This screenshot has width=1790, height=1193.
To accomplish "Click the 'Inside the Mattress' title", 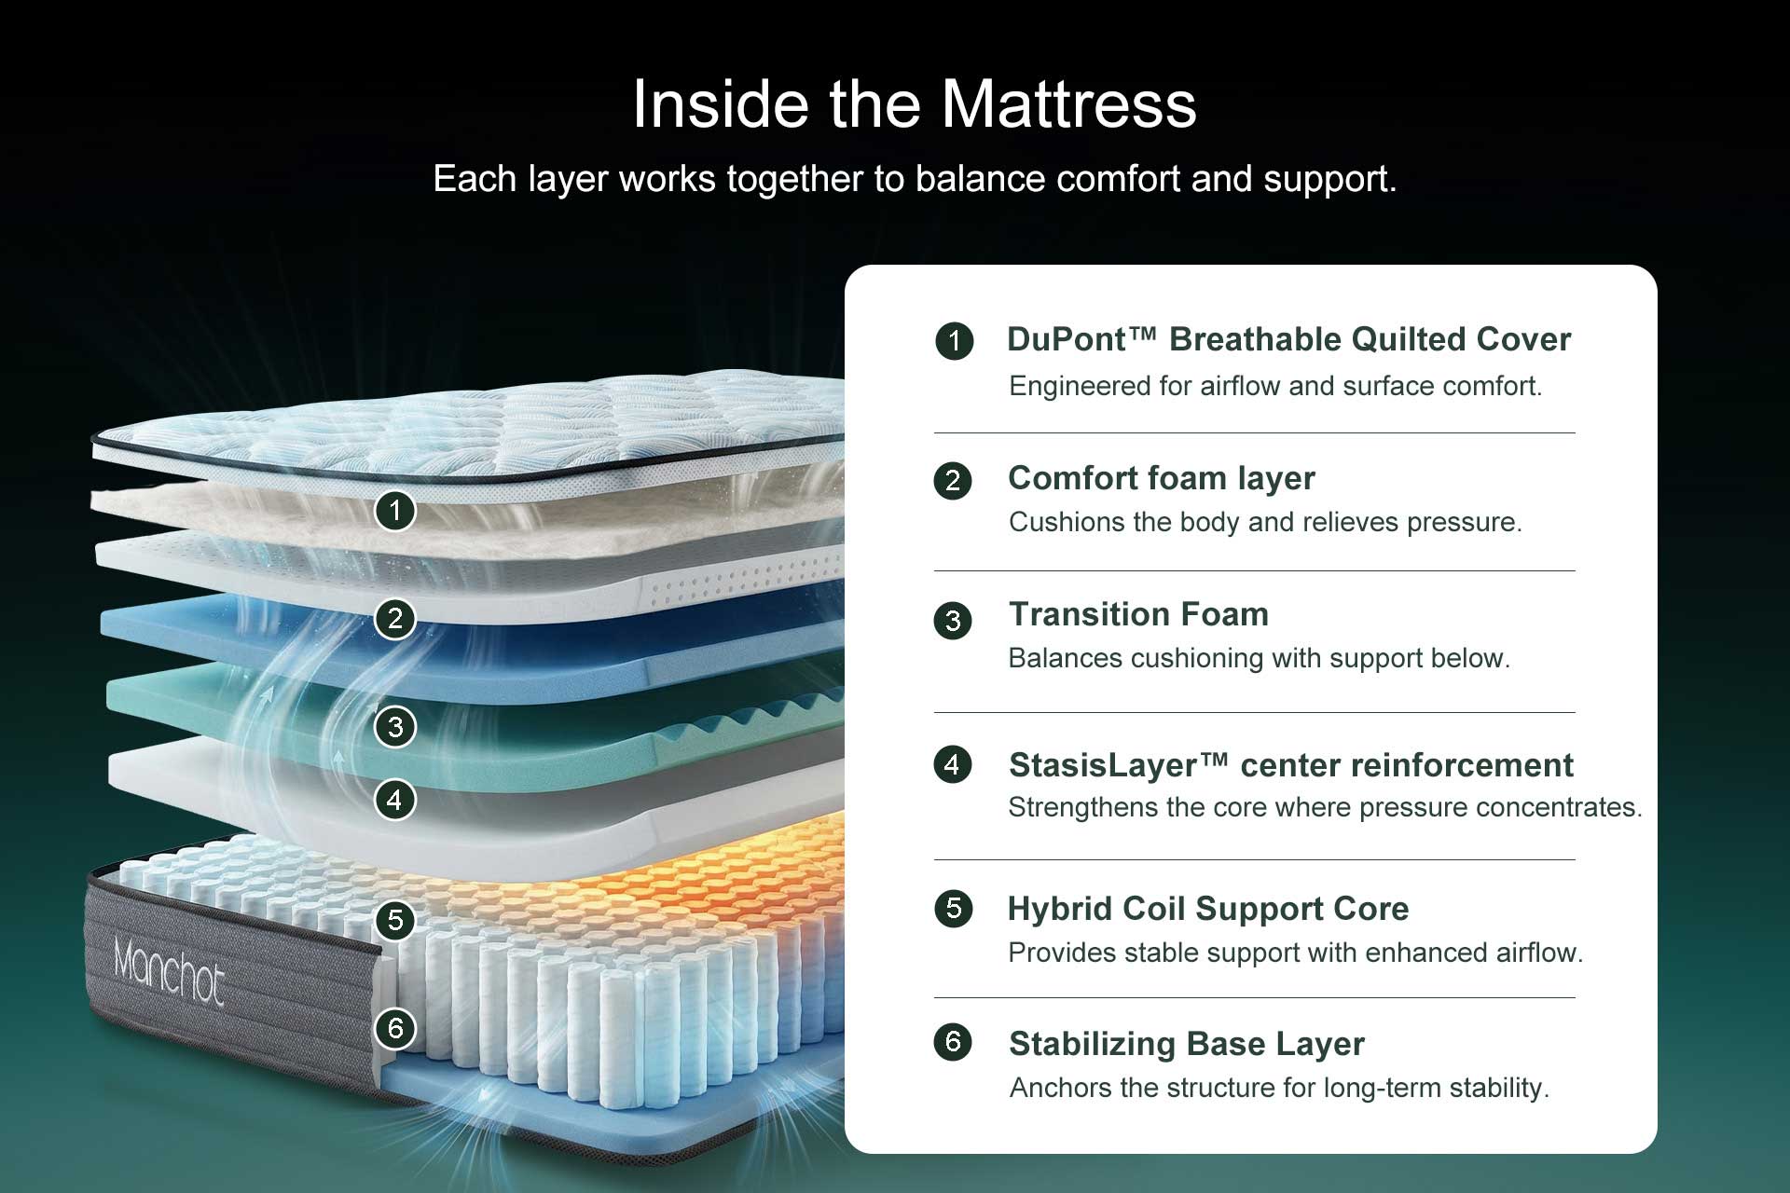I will coord(914,103).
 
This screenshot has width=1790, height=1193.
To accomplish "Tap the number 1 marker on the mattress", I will coord(395,510).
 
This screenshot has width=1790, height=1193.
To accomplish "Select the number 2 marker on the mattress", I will coord(395,619).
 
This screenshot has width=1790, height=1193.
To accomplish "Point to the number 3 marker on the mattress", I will coord(395,726).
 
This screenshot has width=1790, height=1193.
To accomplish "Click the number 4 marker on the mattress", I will coord(395,800).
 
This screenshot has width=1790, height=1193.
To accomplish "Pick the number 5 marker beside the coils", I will coord(395,920).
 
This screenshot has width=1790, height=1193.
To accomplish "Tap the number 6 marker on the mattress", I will coord(395,1029).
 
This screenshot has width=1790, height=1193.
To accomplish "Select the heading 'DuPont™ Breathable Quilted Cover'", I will coord(1288,339).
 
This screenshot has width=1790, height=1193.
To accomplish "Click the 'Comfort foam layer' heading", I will coord(1161,478).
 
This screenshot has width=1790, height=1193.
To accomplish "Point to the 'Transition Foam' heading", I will coord(1138,614).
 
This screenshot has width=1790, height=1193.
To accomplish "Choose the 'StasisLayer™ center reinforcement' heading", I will coord(1290,765).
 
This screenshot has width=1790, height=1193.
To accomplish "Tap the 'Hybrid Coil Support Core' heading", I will coord(1208,909).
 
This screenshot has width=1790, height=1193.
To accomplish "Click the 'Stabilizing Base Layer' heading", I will coord(1186,1044).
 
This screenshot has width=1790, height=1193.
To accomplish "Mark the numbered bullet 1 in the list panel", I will coord(954,341).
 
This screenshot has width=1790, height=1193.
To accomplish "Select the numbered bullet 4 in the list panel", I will coord(952,765).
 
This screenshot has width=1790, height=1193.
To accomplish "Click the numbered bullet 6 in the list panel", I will coord(953,1041).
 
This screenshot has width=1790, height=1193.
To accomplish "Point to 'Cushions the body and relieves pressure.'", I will coord(1264,522).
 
